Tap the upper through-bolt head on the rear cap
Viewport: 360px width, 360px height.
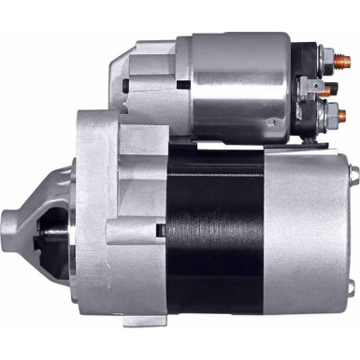(x=353, y=172)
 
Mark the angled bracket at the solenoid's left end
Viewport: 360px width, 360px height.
(x=126, y=70)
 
